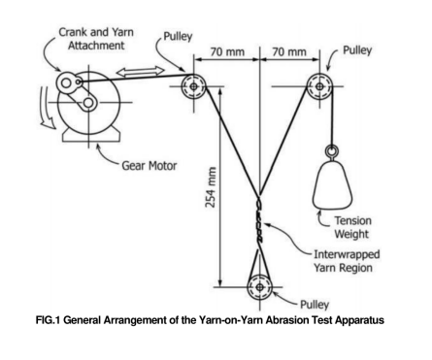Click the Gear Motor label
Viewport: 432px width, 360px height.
tap(150, 166)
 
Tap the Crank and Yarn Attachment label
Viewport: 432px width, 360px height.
tap(96, 39)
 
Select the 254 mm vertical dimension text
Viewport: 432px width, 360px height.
tap(211, 187)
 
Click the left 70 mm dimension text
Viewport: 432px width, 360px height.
tap(227, 51)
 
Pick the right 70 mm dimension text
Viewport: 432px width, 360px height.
tap(289, 51)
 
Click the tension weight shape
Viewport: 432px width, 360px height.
tap(332, 185)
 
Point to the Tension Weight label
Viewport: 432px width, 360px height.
tap(352, 227)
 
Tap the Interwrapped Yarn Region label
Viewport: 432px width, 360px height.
tap(347, 261)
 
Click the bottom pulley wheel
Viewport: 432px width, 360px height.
tap(259, 286)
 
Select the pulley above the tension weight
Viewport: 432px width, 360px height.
tap(319, 86)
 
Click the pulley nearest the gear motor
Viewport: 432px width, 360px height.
tap(193, 86)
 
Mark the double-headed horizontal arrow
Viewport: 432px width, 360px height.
tap(141, 72)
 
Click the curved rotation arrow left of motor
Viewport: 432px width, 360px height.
tap(46, 110)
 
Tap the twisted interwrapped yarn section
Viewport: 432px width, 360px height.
tap(260, 221)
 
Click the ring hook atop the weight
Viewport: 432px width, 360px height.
tap(332, 150)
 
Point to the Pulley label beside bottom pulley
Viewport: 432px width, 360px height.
tap(315, 305)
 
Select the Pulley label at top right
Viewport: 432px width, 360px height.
tap(357, 50)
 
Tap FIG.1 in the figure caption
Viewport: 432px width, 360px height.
tap(48, 320)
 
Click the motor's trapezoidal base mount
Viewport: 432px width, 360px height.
tap(89, 135)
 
